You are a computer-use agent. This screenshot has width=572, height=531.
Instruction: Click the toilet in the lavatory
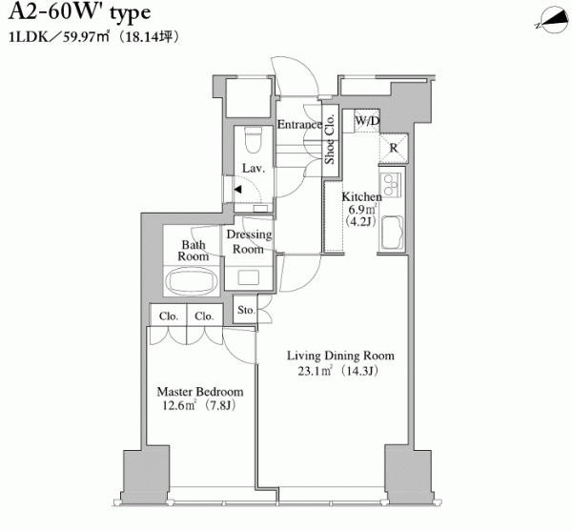click(x=254, y=140)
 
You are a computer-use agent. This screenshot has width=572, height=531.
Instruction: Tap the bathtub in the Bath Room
click(x=192, y=281)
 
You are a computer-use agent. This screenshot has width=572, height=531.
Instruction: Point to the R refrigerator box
click(x=393, y=148)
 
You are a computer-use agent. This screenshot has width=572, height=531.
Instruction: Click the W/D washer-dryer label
click(x=367, y=121)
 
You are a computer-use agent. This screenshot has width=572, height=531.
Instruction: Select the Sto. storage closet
click(x=246, y=309)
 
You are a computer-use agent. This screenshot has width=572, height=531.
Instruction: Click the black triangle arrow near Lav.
click(x=237, y=190)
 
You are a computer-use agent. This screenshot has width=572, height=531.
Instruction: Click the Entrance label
click(x=299, y=124)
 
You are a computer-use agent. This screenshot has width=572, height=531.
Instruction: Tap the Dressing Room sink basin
click(x=249, y=277)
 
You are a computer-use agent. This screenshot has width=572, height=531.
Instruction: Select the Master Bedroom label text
click(x=200, y=392)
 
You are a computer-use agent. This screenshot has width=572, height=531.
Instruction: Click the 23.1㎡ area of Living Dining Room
click(x=315, y=371)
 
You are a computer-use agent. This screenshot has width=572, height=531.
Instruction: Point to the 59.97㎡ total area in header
click(x=87, y=37)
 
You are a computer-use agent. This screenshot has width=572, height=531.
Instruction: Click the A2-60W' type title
click(x=79, y=13)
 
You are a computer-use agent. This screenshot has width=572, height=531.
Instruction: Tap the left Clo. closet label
click(x=168, y=316)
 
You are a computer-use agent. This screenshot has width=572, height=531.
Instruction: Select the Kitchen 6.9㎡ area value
click(x=362, y=210)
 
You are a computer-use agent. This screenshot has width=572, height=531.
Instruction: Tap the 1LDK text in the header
click(x=28, y=37)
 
